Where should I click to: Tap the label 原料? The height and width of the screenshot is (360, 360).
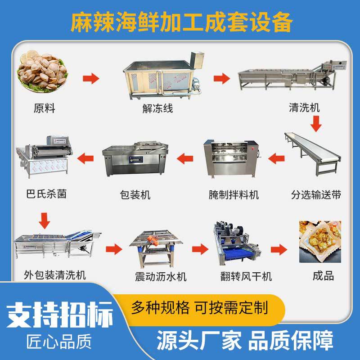[44, 108]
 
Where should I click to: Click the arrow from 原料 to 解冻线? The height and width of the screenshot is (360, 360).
[91, 79]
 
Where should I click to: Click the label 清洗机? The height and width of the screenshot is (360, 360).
[305, 108]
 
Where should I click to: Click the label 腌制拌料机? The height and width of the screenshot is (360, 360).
[234, 195]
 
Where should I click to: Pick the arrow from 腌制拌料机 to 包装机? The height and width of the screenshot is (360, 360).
[185, 157]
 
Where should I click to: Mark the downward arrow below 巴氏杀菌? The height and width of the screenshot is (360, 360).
[44, 220]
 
